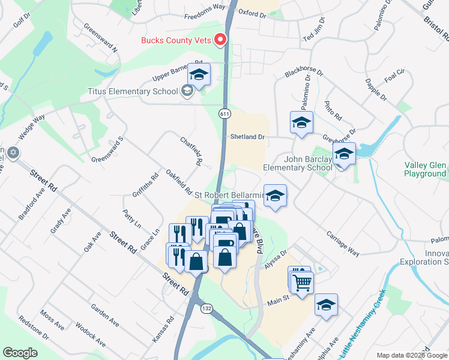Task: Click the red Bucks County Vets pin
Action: (220, 40)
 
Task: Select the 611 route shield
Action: (224, 113)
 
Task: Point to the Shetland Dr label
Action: (247, 137)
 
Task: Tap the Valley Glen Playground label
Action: (425, 170)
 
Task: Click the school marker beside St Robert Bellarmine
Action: (276, 196)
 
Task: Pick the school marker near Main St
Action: (327, 305)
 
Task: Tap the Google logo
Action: (20, 353)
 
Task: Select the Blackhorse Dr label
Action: (304, 73)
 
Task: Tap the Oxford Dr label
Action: (252, 12)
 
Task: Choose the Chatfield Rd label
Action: (190, 151)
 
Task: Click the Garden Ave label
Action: (104, 316)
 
